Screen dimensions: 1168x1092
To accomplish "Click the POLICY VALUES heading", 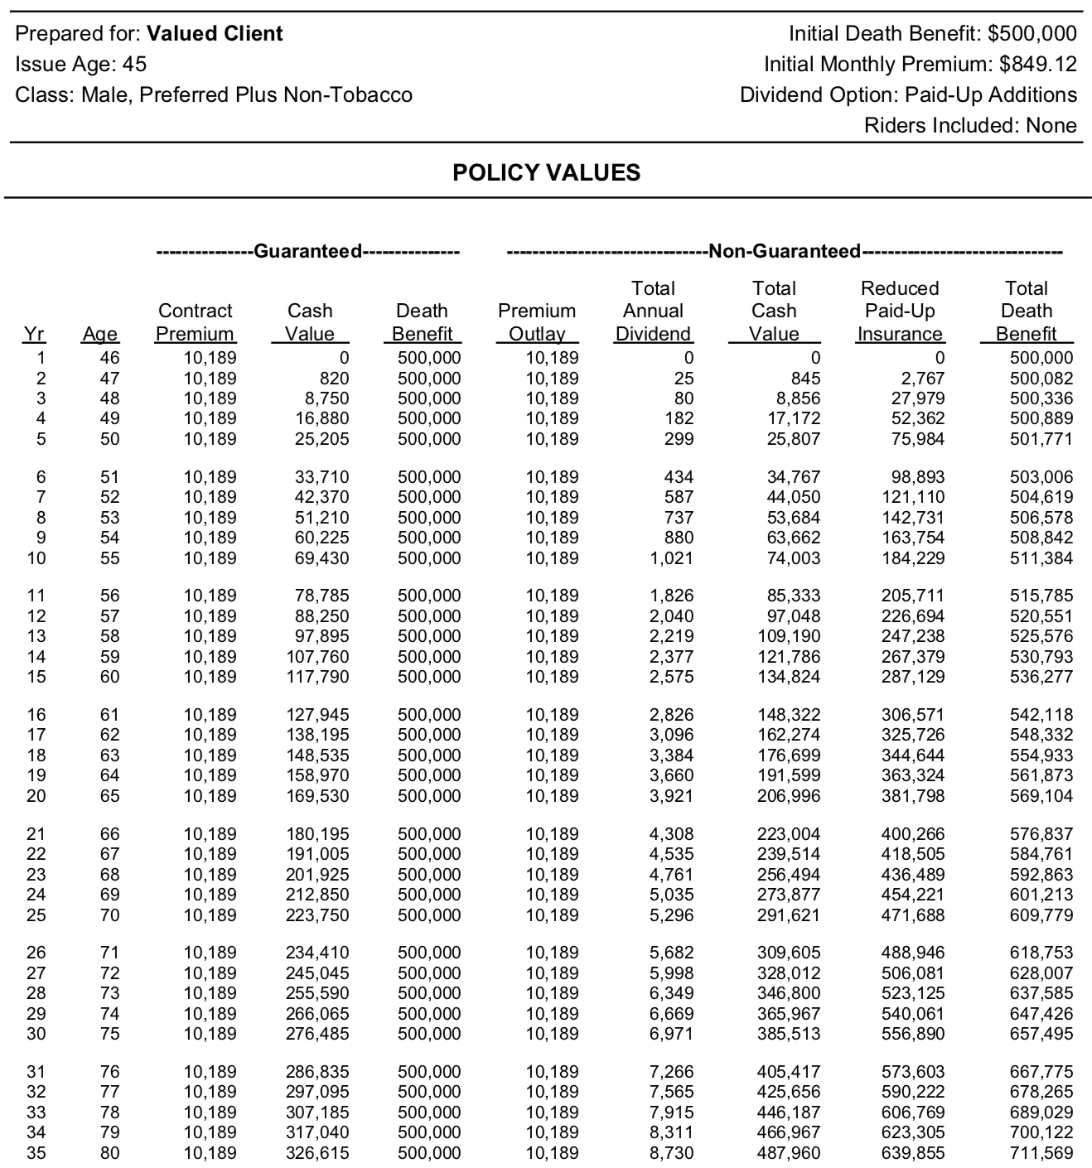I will [x=546, y=173].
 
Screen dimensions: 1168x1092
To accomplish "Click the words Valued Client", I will [x=215, y=34].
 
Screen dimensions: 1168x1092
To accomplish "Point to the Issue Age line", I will [x=81, y=65].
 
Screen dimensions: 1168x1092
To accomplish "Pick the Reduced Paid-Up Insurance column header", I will [x=900, y=311].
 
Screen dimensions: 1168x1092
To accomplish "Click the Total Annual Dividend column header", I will [x=653, y=311].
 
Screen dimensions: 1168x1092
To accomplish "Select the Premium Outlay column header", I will [x=536, y=322].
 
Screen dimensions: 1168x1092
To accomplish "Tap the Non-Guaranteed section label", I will [x=784, y=251].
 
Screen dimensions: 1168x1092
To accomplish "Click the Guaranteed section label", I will [x=307, y=251].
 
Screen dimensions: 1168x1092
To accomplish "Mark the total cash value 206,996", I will [x=789, y=796].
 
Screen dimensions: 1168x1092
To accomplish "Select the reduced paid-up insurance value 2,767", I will [x=920, y=379].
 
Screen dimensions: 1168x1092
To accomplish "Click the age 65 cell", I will [x=109, y=796].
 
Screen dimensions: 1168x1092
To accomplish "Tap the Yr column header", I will [x=34, y=334].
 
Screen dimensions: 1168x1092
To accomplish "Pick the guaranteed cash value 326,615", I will [x=317, y=1153].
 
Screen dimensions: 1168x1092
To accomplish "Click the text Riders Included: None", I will [x=970, y=126].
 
